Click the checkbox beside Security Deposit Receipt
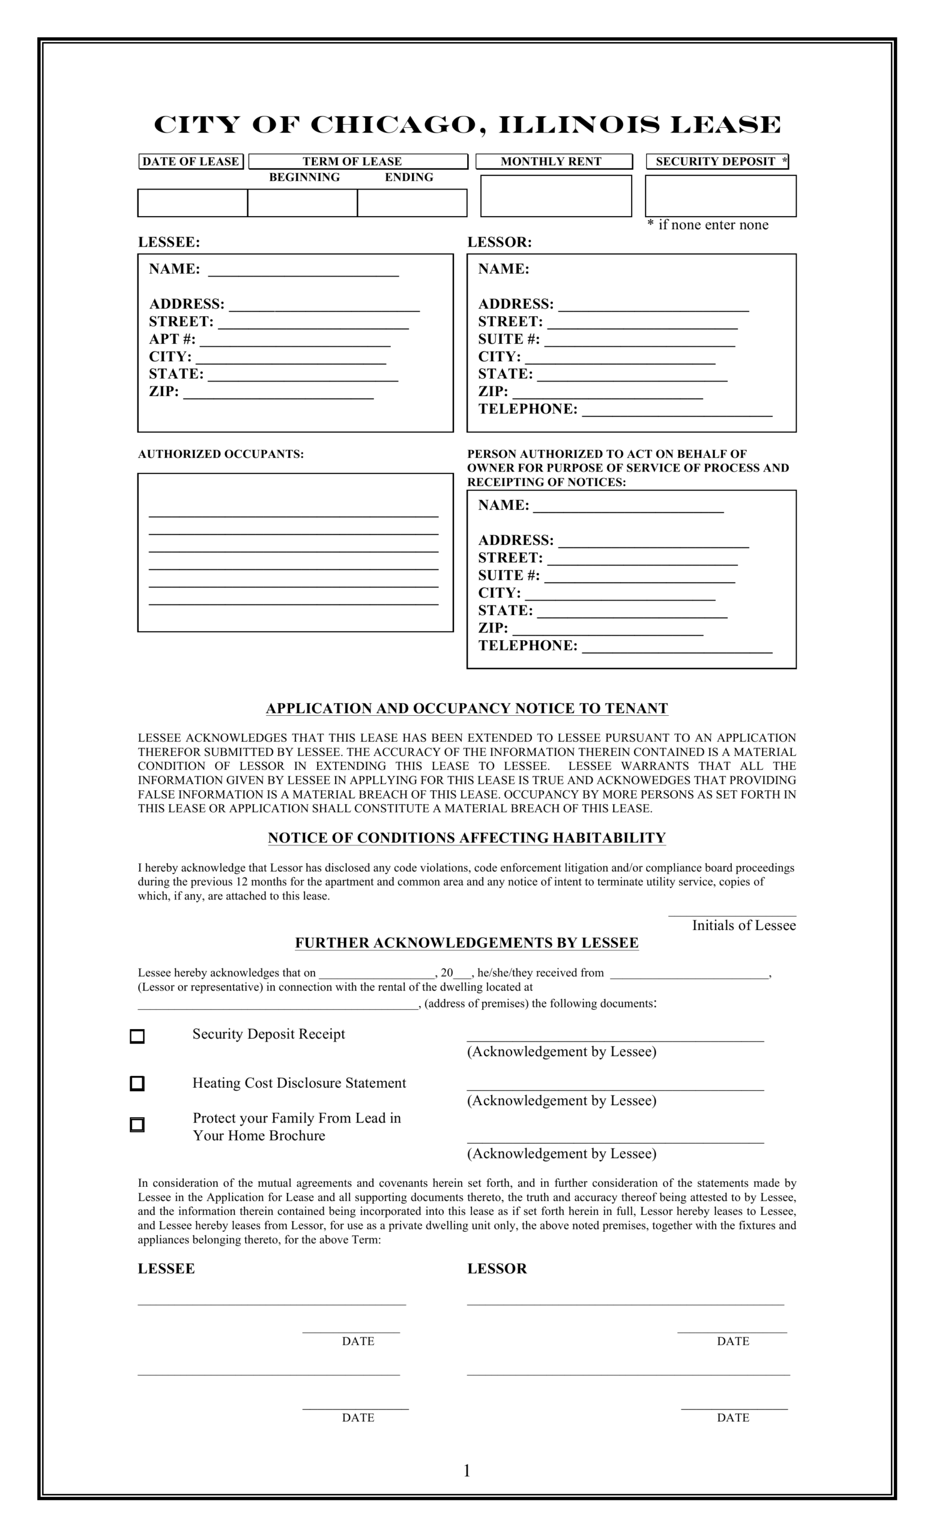coord(137,1036)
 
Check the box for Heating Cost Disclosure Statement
coord(137,1083)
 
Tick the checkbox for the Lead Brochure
coord(137,1124)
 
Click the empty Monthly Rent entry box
coord(556,196)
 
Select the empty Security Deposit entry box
coord(720,196)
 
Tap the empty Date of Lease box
coord(192,203)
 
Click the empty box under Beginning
coord(302,203)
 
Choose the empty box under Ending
coord(412,203)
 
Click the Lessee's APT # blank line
coord(294,341)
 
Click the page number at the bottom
coord(466,1471)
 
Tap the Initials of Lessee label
coord(743,925)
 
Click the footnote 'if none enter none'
coord(712,225)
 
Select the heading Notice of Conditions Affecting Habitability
coord(466,837)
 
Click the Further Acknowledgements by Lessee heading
coord(466,943)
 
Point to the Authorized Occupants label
coord(221,454)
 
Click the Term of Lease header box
coord(358,161)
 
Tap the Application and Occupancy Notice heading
coord(466,708)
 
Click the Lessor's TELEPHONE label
coord(528,409)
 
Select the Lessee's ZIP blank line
coord(278,394)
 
